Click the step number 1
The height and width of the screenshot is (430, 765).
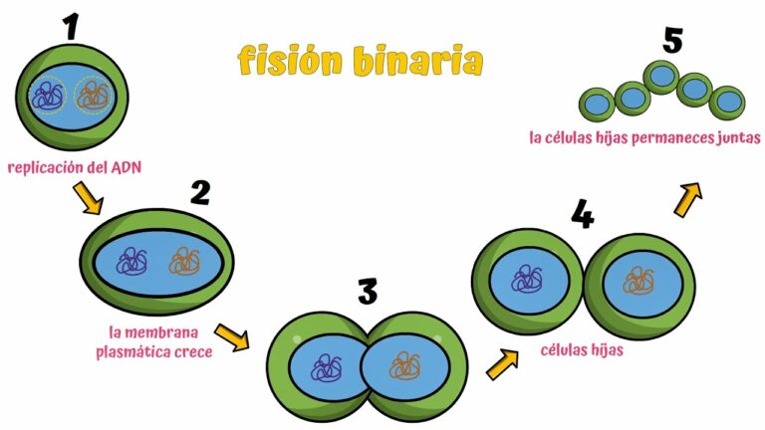70,27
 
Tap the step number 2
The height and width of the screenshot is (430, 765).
199,190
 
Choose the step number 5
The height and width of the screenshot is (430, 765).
674,42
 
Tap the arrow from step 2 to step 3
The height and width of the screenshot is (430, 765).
232,337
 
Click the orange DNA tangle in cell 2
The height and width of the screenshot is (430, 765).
184,262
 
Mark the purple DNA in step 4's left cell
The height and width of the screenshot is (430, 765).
525,278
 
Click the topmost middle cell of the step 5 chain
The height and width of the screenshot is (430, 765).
659,76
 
